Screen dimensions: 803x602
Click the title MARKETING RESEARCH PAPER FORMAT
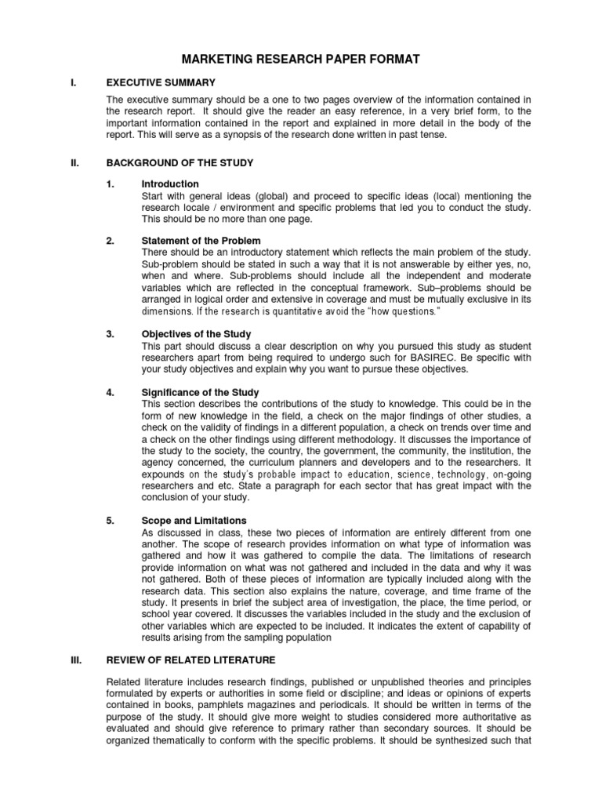(301, 59)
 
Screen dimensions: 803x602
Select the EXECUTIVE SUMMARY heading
(161, 82)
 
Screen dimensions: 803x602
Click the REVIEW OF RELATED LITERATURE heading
(190, 638)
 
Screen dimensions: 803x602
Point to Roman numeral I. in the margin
(73, 82)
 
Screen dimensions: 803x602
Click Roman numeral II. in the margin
(74, 162)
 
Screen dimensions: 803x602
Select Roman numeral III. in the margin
(75, 638)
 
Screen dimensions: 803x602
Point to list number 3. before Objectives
(111, 334)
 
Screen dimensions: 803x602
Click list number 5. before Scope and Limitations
(111, 520)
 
